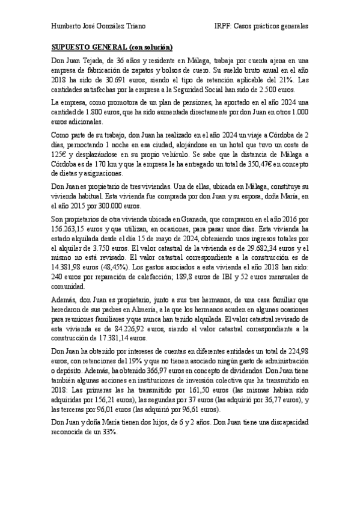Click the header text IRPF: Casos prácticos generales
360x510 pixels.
pyautogui.click(x=261, y=26)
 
